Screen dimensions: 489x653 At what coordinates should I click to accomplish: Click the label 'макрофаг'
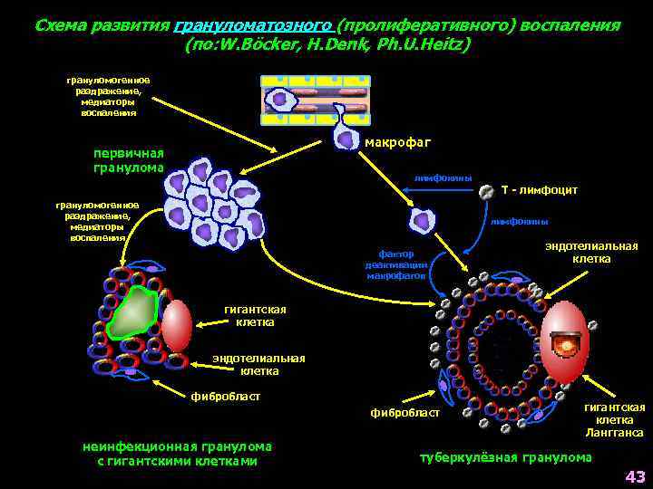tap(397, 142)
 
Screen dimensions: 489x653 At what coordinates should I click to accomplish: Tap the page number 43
tap(634, 476)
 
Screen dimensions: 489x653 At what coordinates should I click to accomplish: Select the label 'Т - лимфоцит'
tap(539, 190)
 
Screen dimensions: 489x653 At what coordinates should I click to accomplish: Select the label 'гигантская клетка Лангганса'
tap(620, 420)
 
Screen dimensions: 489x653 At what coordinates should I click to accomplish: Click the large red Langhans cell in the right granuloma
tap(569, 343)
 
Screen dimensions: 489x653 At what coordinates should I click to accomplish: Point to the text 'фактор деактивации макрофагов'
tap(396, 264)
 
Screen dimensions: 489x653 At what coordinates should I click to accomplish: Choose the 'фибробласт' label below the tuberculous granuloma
tap(404, 413)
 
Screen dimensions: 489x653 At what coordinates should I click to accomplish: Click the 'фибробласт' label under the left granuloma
tap(226, 396)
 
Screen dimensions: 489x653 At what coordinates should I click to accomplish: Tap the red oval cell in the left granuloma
tap(178, 325)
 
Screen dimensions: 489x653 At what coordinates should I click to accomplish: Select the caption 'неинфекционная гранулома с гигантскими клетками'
tap(177, 454)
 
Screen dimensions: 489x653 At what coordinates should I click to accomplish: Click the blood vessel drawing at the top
tap(314, 99)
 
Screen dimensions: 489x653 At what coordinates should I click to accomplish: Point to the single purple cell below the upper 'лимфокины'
tap(422, 220)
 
